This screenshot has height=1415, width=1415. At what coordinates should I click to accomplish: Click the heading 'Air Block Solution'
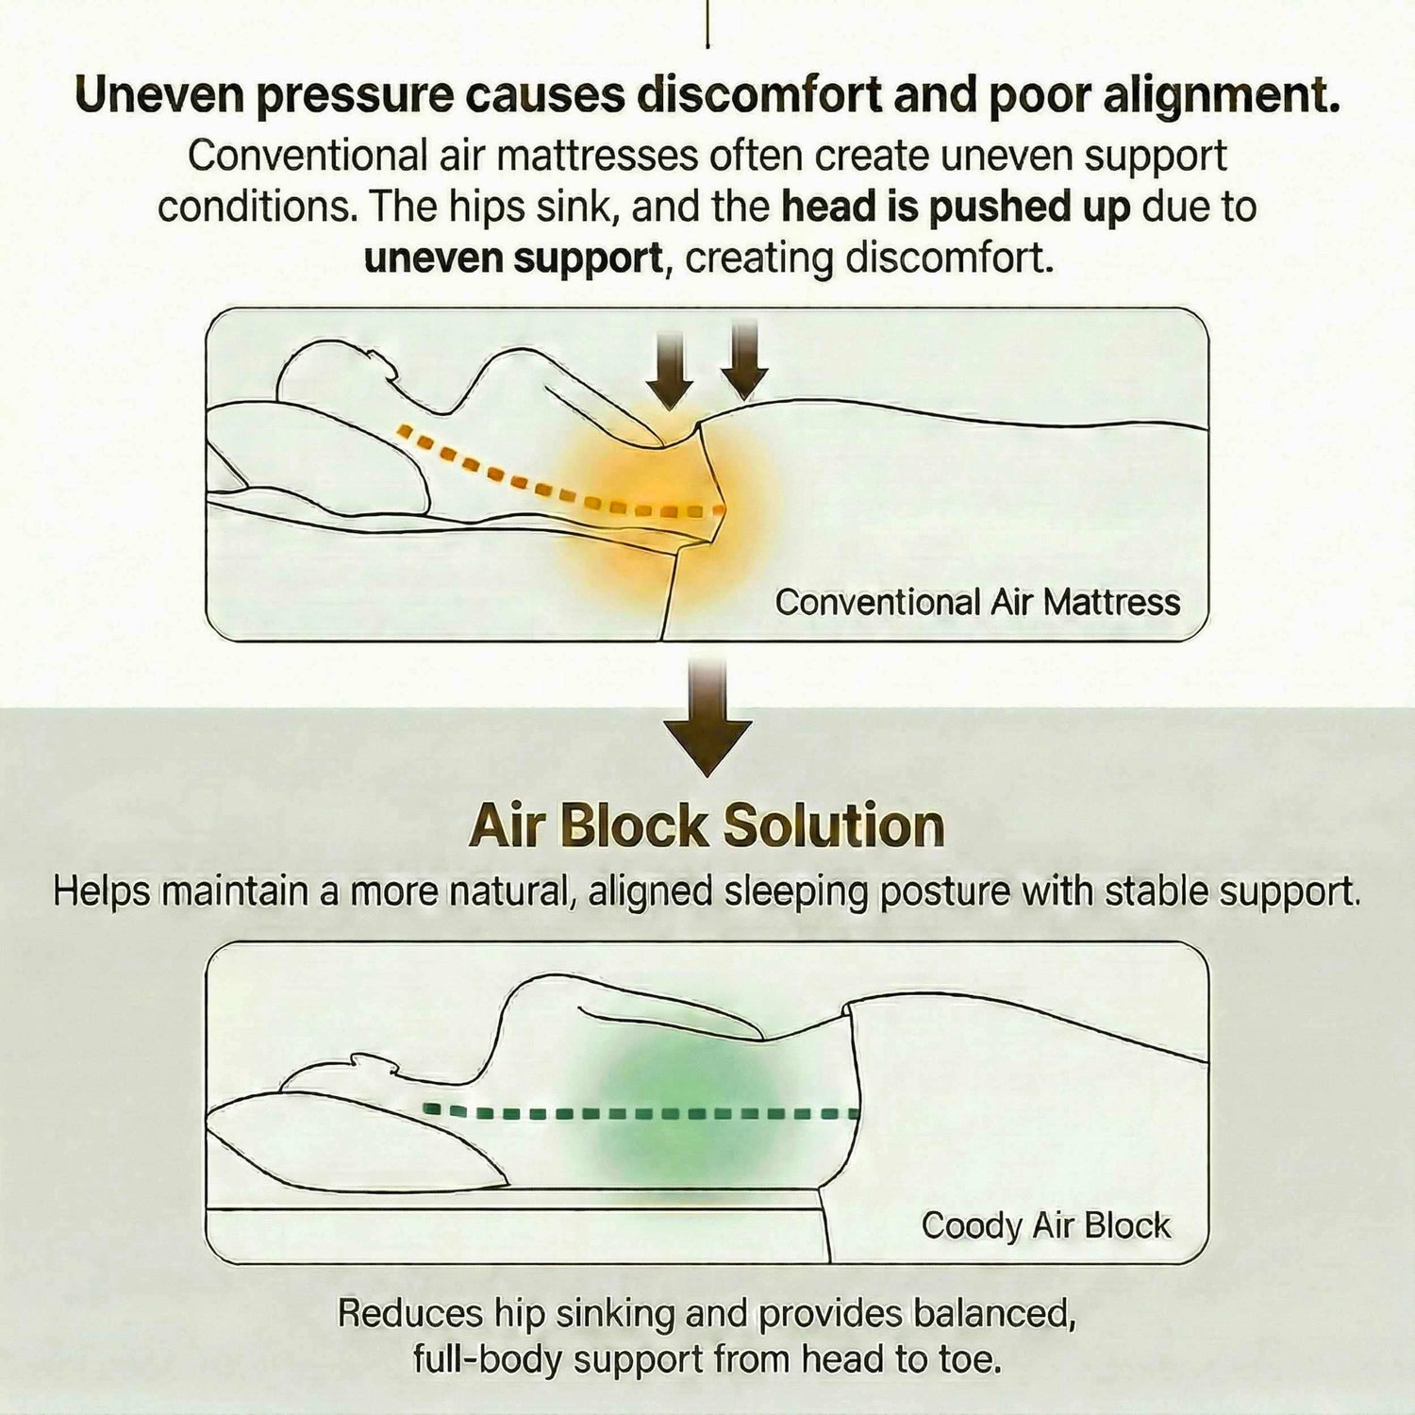pos(707,826)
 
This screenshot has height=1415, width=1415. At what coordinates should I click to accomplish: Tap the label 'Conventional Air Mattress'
pos(977,602)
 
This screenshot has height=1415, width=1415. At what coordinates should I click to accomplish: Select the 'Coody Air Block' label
pos(1045,1225)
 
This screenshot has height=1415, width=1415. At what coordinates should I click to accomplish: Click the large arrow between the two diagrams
pos(707,717)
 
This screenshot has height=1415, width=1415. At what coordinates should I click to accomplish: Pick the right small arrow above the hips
pos(744,359)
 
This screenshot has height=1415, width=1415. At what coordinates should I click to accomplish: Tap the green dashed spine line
pos(641,1112)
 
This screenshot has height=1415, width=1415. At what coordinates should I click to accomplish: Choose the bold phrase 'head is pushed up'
pos(956,208)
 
